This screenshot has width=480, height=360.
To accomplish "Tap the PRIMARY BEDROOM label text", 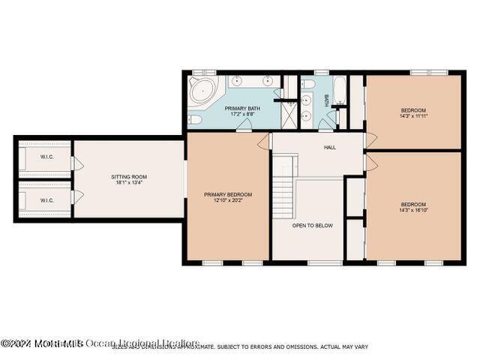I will click(x=228, y=194).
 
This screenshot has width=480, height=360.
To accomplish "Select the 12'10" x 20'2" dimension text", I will click(x=228, y=200).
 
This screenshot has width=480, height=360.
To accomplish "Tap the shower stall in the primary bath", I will click(x=286, y=115).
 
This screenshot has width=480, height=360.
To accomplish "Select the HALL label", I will click(x=330, y=148).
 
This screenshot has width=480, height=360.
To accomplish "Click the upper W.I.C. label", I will click(x=46, y=157).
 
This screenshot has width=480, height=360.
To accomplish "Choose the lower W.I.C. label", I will click(x=46, y=200).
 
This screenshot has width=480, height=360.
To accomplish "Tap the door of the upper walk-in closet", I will click(x=73, y=163).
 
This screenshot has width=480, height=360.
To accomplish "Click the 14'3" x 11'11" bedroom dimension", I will click(x=413, y=116).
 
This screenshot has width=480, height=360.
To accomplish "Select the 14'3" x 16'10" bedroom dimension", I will click(x=413, y=211).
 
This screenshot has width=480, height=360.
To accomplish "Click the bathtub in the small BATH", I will click(x=338, y=91).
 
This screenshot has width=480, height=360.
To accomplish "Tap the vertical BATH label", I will click(x=326, y=99).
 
